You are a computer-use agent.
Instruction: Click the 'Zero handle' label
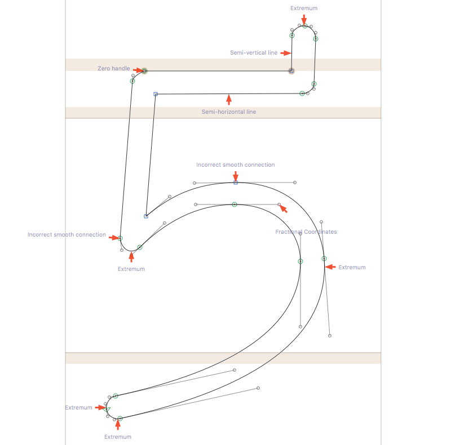tap(113, 68)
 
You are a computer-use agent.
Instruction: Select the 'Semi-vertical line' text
tap(254, 52)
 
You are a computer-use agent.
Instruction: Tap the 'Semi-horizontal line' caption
tap(229, 112)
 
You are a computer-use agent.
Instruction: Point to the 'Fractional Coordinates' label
tap(306, 232)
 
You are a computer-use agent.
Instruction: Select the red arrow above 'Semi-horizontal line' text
tap(229, 100)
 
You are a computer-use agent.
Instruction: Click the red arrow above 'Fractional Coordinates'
tap(284, 209)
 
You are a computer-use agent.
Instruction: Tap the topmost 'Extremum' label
tap(304, 8)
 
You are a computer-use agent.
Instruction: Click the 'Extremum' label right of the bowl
tap(352, 268)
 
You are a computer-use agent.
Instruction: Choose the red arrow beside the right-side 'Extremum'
tap(331, 266)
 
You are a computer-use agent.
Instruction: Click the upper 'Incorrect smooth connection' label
tap(236, 165)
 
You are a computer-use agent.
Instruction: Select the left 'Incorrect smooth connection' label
tap(67, 235)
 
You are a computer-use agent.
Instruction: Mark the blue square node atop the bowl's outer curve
tap(236, 183)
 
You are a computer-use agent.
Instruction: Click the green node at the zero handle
tap(145, 71)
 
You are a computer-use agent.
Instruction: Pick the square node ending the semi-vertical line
tap(291, 71)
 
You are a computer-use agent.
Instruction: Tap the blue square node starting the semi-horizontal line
tap(156, 94)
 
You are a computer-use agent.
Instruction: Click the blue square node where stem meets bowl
tap(146, 216)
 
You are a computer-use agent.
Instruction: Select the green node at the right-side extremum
tap(324, 259)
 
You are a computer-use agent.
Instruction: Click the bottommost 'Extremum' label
tap(118, 437)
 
